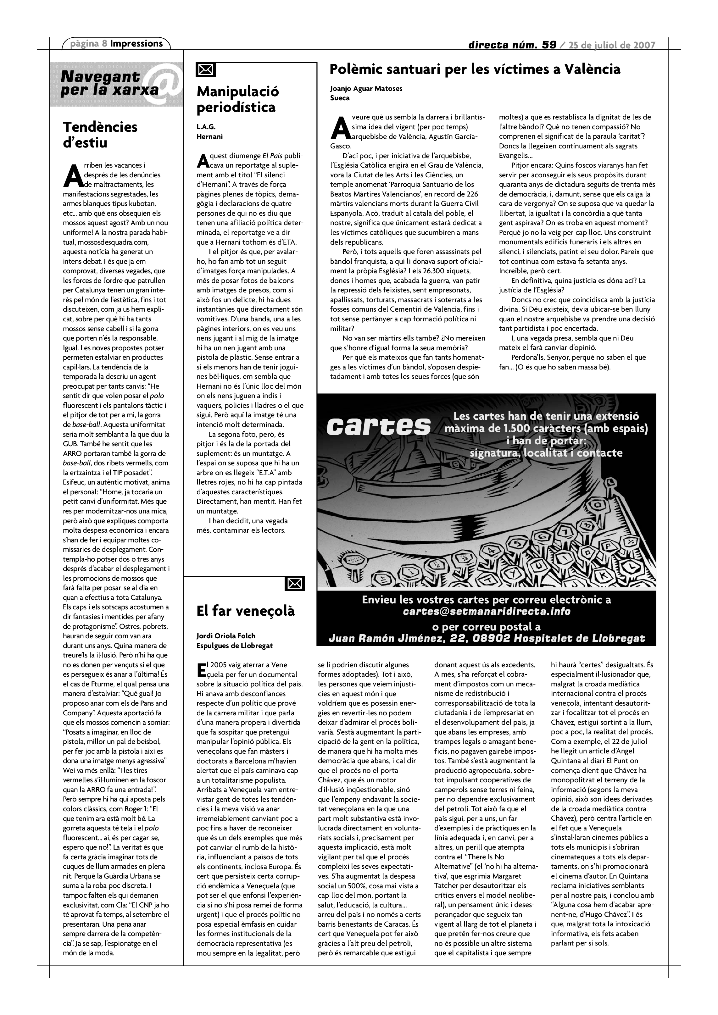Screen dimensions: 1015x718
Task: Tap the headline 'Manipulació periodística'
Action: [237, 99]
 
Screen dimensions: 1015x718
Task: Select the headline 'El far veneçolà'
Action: [245, 611]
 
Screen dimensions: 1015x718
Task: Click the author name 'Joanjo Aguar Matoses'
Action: [366, 88]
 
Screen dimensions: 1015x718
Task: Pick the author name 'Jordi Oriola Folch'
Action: [225, 636]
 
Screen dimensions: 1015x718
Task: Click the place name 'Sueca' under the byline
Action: [340, 98]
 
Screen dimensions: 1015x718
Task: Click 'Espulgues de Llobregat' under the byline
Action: [234, 646]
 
